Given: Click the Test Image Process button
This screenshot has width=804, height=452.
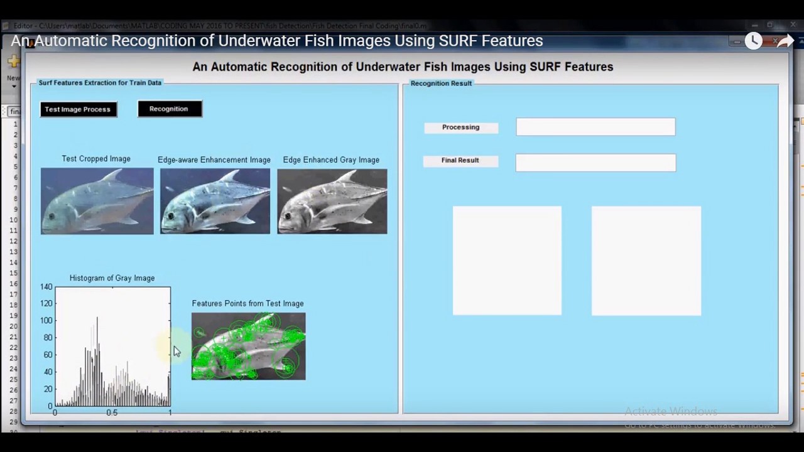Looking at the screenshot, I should point(78,109).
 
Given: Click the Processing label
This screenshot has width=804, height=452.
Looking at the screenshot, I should point(460,127).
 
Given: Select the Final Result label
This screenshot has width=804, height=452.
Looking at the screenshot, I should point(460,161).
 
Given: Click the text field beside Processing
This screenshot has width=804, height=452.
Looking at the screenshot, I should point(595,127).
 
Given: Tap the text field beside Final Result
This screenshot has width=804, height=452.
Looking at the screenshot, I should point(595,163).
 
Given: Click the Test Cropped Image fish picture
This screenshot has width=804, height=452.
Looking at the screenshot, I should point(97,201).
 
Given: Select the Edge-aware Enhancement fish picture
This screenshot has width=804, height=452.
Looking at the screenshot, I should point(215,201).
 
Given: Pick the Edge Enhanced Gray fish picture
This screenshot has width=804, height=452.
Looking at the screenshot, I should point(332,201).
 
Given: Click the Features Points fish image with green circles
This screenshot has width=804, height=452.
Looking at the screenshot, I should point(249,346).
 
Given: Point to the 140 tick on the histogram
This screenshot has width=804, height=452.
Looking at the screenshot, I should point(46,287).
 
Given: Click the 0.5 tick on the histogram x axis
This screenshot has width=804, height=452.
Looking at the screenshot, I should point(112,413).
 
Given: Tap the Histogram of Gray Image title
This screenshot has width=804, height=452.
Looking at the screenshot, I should point(112,278).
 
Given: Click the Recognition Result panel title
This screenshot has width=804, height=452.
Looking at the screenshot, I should point(441,83).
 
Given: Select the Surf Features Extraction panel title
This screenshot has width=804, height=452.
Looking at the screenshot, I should point(100,83).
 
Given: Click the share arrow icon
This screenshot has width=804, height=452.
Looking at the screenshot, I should point(785,41).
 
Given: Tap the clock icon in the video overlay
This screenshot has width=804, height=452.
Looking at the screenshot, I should point(753,41).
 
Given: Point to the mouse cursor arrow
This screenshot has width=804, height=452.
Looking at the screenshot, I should point(176,351).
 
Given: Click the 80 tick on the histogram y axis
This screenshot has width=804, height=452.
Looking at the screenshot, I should point(48,338).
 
